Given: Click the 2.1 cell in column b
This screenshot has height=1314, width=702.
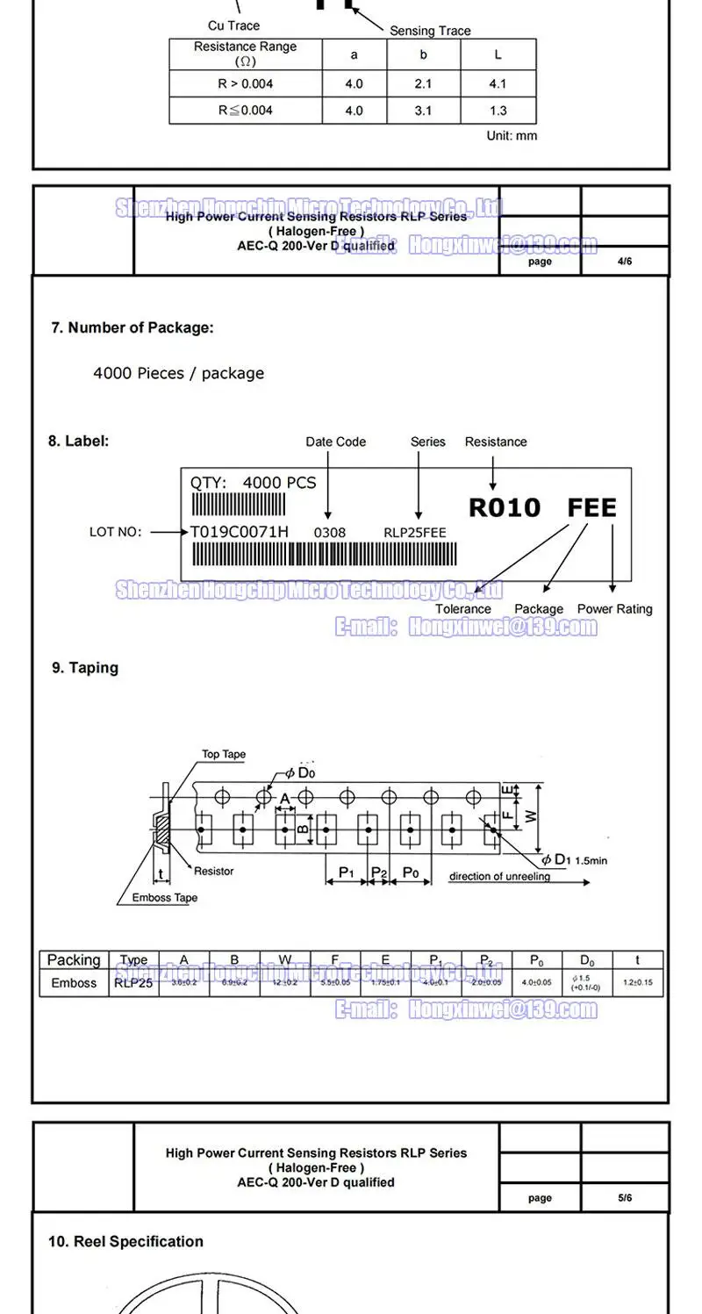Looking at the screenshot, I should tap(423, 84).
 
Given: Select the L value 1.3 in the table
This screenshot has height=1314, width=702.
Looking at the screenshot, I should tap(498, 111).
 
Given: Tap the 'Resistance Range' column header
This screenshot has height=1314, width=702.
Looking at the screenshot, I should tap(245, 53).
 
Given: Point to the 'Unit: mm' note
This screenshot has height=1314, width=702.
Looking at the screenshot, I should tap(512, 136).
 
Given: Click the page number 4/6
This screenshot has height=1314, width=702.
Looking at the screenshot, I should tap(624, 261).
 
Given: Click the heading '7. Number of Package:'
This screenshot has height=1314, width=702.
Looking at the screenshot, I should tap(133, 327).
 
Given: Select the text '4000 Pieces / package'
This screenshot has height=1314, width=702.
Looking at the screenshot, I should tap(178, 373).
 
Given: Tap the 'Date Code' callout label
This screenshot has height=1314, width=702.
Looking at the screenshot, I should tap(335, 442).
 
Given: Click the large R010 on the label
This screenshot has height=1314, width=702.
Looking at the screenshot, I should tap(504, 508).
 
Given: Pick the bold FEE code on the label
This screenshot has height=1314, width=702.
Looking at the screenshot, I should tap(591, 508).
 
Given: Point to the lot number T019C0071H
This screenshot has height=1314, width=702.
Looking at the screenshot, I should tap(239, 532).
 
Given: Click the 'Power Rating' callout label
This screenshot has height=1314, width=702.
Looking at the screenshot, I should tap(614, 609).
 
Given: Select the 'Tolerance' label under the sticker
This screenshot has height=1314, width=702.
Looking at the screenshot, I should tap(463, 609).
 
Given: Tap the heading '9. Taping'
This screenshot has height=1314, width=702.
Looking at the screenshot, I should tap(84, 668).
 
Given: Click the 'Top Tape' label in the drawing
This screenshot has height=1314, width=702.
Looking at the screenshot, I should tap(224, 754).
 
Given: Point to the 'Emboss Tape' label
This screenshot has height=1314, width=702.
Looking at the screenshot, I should tap(165, 898).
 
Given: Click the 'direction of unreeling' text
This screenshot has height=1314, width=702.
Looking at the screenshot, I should tap(500, 876).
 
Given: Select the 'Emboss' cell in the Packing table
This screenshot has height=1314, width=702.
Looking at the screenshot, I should tap(74, 983).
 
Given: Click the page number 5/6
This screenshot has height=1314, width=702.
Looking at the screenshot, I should tap(624, 1197).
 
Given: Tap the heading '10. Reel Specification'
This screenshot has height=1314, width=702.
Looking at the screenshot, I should tap(125, 1241).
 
